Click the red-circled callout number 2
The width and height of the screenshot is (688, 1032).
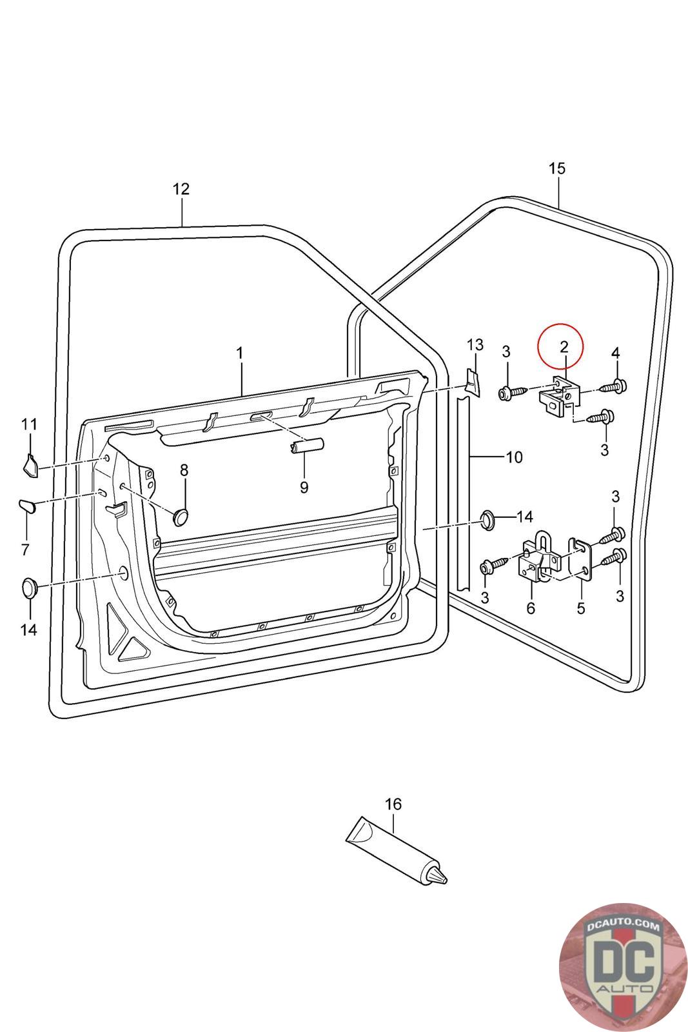(564, 346)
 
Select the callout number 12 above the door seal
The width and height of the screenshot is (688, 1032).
(181, 189)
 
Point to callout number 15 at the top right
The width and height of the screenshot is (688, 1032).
(556, 168)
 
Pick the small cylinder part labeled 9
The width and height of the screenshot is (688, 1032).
(307, 446)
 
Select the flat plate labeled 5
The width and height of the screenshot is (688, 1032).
(581, 559)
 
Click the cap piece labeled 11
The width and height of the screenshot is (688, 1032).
(31, 466)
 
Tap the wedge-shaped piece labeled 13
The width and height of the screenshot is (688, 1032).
(471, 382)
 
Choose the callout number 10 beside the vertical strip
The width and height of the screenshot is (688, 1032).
(514, 457)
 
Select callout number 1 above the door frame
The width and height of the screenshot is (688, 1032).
(239, 353)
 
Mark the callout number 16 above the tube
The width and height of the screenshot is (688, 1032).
(393, 804)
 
